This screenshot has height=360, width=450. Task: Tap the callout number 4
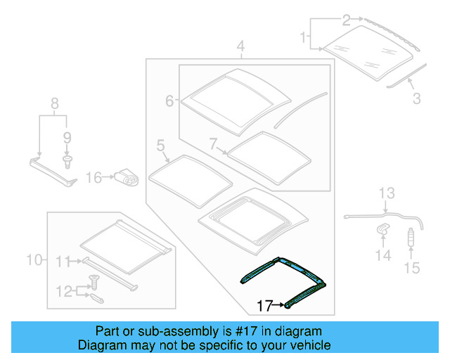coord(240,48)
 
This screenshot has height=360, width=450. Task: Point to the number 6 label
coord(169,101)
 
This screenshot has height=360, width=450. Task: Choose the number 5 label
coord(160,146)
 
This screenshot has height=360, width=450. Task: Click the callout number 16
coord(94,179)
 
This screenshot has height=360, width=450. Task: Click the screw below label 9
coord(67,162)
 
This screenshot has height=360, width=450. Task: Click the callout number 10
coord(34,261)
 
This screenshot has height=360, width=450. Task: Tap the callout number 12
coord(64,290)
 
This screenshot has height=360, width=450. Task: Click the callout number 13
coord(388,193)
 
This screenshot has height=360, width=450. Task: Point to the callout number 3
coord(416,99)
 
